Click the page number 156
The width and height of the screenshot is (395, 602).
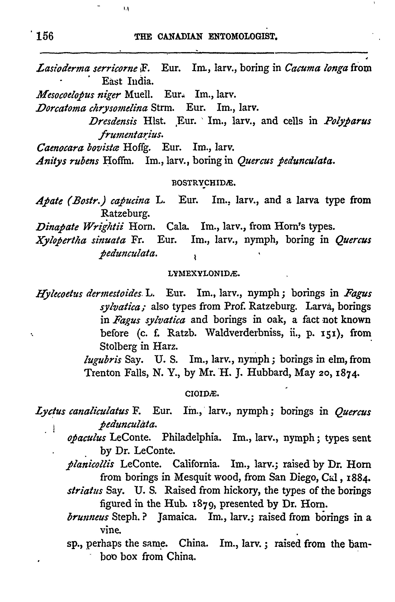(x=45, y=36)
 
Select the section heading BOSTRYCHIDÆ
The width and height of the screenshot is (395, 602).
(x=203, y=183)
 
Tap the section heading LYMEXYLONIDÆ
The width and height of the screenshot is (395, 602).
(x=204, y=274)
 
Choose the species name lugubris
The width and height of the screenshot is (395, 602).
(x=102, y=359)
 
